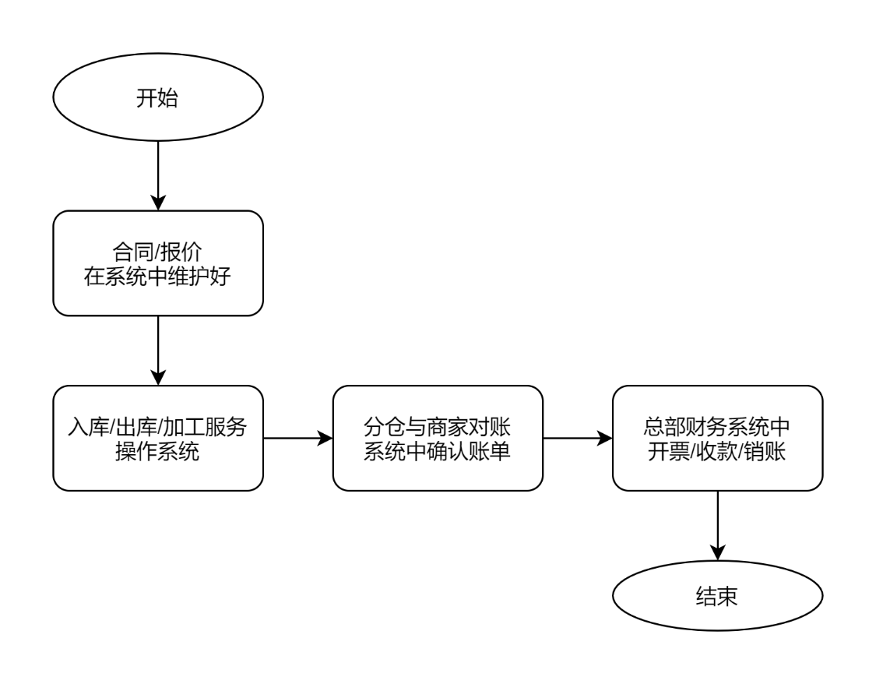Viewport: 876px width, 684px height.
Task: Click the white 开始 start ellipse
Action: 157,98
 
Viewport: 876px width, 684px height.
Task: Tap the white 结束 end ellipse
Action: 716,597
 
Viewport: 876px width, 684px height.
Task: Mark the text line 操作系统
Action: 157,450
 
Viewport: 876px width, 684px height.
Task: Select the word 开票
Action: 665,450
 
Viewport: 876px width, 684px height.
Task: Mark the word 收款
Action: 716,450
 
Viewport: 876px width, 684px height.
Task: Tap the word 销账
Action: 768,450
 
